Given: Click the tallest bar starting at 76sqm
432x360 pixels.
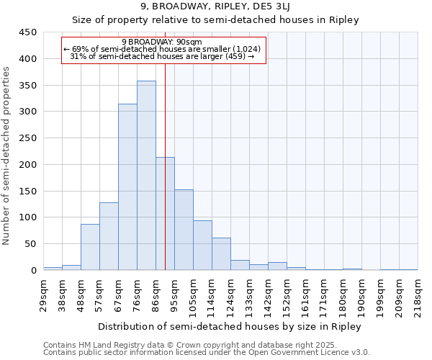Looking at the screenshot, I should point(146,176).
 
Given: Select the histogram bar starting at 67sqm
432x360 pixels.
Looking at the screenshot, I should point(127,187).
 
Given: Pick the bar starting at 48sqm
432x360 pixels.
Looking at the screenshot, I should point(90,247).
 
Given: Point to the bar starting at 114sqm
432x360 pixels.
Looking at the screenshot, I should point(221,254).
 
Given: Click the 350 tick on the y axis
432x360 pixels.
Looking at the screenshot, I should point(28,86).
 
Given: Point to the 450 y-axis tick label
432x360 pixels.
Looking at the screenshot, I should point(28,32).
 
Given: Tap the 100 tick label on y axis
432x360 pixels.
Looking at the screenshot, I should point(28,217).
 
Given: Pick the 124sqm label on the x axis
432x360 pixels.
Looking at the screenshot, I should point(230,294).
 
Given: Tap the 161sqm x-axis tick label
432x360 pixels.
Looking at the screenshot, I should point(305,294).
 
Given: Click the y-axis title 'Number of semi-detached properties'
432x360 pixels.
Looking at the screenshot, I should point(7,156).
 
